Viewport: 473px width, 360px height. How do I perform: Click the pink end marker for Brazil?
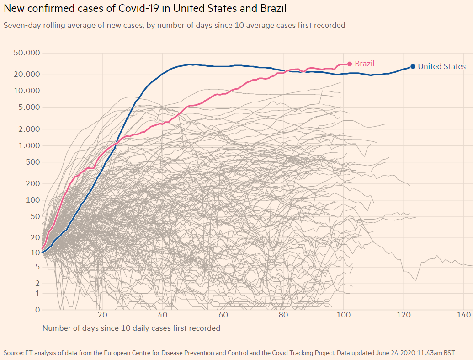[350, 64]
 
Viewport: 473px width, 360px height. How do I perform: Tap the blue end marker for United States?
[413, 66]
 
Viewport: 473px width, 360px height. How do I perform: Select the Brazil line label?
[364, 64]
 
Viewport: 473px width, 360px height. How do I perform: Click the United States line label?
[441, 67]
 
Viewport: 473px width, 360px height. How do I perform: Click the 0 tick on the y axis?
[37, 310]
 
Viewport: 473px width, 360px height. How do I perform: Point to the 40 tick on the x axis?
[163, 315]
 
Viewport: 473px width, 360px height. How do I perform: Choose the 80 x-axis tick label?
[283, 315]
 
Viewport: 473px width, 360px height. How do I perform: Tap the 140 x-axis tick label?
[464, 315]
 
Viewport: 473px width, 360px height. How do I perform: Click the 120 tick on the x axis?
[404, 315]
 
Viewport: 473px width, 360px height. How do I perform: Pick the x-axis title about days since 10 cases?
[131, 328]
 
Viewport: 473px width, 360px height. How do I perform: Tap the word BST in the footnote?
[448, 353]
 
